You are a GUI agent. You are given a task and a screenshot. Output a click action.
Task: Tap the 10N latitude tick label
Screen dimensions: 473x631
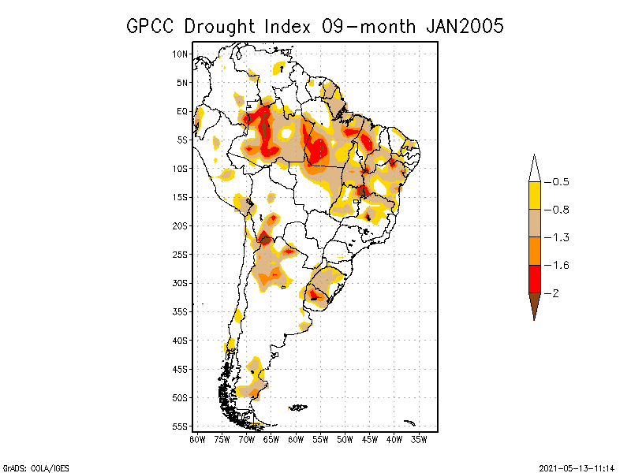click(x=181, y=54)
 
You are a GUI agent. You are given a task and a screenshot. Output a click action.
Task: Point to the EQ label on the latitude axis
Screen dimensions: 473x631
click(x=182, y=111)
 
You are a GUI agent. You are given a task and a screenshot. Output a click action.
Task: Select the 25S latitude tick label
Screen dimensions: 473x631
click(x=181, y=255)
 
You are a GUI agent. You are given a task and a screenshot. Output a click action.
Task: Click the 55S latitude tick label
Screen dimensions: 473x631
click(x=181, y=426)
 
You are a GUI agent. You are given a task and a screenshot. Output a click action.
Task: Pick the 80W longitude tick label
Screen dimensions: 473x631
click(x=197, y=439)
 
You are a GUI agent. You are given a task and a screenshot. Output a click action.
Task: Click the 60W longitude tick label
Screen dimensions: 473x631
click(x=296, y=439)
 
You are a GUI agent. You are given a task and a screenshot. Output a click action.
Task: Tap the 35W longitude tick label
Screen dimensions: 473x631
click(x=419, y=439)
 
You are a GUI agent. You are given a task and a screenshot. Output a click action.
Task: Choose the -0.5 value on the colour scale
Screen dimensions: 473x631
click(x=560, y=182)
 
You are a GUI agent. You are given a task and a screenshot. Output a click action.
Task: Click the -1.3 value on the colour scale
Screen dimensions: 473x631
click(x=560, y=237)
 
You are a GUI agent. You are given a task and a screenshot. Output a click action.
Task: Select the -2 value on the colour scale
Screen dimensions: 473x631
click(x=555, y=292)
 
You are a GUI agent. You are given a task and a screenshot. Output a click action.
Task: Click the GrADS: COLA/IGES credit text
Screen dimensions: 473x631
click(x=28, y=466)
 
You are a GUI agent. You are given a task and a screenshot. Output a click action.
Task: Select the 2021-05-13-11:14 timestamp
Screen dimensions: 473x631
click(x=577, y=466)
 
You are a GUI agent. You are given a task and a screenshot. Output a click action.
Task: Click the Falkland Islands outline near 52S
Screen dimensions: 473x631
click(x=298, y=408)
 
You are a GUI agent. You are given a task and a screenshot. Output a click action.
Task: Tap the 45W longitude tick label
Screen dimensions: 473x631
click(x=370, y=439)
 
